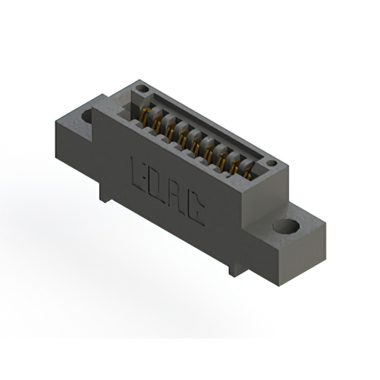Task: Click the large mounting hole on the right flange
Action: point(286,226)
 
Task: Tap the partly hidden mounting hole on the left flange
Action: point(87,116)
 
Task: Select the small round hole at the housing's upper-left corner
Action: point(142,88)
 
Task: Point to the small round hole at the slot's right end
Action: point(272,163)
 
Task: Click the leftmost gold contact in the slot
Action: point(144,116)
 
